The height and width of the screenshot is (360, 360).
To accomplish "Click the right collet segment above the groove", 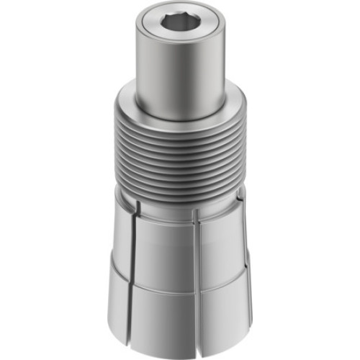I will (x=220, y=248).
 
